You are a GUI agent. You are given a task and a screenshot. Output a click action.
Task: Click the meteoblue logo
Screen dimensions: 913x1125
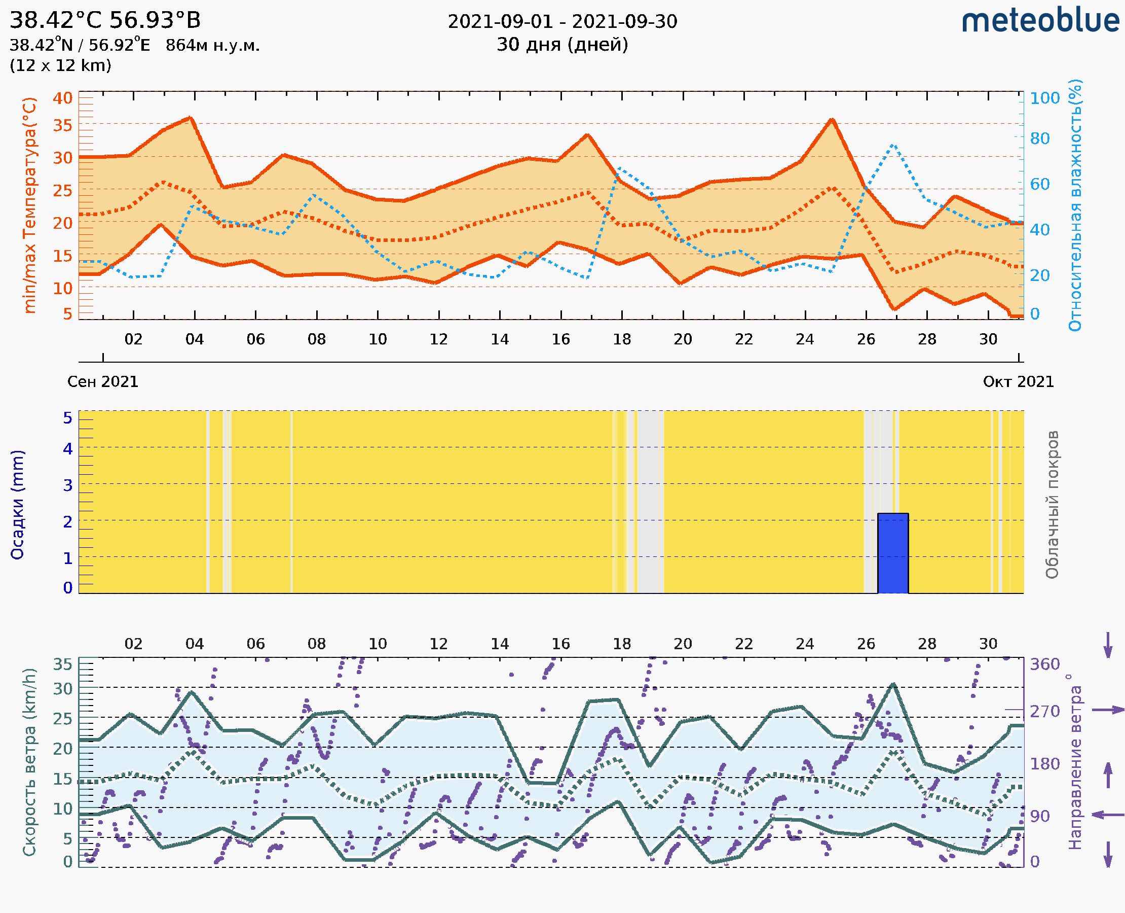pyautogui.click(x=1040, y=21)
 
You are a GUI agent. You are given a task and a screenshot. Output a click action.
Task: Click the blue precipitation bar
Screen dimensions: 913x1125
pyautogui.click(x=893, y=553)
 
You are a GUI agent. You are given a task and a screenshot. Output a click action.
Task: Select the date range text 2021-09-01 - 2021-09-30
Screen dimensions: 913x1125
pyautogui.click(x=562, y=22)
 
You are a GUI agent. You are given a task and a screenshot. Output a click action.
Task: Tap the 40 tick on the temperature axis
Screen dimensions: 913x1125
pyautogui.click(x=62, y=98)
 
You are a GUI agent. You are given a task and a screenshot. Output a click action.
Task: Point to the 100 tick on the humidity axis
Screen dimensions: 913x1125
pyautogui.click(x=1044, y=98)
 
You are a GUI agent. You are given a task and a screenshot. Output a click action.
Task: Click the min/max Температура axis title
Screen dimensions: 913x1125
pyautogui.click(x=30, y=205)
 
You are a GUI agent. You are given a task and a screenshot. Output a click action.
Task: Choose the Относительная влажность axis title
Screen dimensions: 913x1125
pyautogui.click(x=1075, y=205)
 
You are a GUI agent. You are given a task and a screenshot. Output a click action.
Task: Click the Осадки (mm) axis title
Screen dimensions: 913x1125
pyautogui.click(x=17, y=505)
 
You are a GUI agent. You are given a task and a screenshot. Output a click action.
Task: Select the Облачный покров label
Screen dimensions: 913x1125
pyautogui.click(x=1052, y=505)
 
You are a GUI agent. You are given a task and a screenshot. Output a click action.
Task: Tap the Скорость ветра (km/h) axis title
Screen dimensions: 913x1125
pyautogui.click(x=29, y=762)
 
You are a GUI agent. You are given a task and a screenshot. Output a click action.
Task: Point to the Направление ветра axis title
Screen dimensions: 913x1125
pyautogui.click(x=1075, y=762)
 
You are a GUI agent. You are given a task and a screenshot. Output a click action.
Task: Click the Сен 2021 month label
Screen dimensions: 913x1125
pyautogui.click(x=102, y=382)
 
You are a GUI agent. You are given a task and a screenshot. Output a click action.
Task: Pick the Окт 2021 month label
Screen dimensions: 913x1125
pyautogui.click(x=1019, y=382)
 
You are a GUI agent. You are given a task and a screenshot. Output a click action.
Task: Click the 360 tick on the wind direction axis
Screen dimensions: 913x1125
pyautogui.click(x=1044, y=664)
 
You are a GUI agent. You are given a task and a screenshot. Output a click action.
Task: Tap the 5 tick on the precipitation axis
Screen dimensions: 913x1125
pyautogui.click(x=68, y=418)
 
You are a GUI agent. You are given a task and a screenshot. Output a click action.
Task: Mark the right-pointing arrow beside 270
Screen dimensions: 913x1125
pyautogui.click(x=1108, y=710)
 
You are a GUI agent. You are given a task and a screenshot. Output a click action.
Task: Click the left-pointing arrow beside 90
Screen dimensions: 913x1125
pyautogui.click(x=1108, y=815)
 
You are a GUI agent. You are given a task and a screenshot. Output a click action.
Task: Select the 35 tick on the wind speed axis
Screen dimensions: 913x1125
pyautogui.click(x=62, y=664)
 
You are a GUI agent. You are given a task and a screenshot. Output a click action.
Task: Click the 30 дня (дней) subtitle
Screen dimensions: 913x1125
pyautogui.click(x=562, y=45)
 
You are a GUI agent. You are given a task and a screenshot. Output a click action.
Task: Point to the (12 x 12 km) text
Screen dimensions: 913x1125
pyautogui.click(x=60, y=66)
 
